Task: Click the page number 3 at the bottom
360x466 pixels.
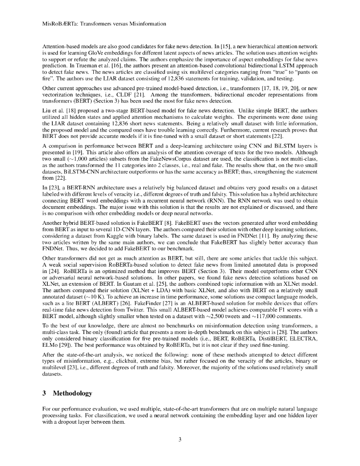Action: coord(180,439)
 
